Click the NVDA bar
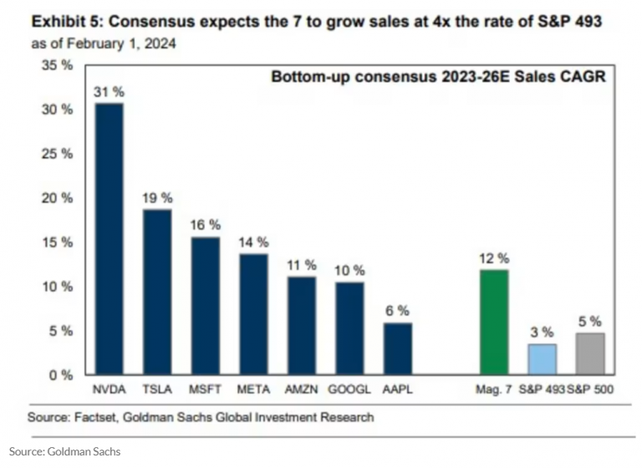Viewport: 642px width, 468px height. (x=110, y=239)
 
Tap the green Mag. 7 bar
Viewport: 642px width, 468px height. (x=493, y=322)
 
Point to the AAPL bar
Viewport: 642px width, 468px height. (x=398, y=348)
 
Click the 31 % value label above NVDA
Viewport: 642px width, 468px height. (x=110, y=93)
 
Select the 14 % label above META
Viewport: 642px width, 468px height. (x=253, y=242)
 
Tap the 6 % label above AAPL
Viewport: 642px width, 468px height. (x=398, y=311)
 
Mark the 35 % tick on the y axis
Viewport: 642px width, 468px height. (x=58, y=65)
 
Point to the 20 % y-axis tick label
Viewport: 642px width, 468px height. (x=58, y=198)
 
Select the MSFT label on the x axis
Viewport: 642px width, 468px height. (x=206, y=389)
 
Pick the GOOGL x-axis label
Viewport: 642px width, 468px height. (x=349, y=389)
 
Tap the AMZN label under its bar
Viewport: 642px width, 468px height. (x=302, y=389)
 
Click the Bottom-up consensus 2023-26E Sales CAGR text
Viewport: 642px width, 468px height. (x=438, y=77)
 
